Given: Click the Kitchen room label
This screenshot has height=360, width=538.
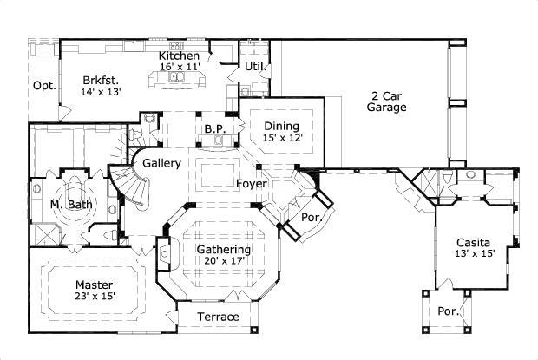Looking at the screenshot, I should click(179, 56).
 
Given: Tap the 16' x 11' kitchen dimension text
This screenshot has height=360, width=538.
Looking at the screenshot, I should click(180, 67).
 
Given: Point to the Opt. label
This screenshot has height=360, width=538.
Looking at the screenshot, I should click(43, 85).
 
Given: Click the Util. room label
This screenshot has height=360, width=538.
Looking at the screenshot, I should click(254, 65).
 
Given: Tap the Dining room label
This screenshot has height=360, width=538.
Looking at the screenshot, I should click(281, 126).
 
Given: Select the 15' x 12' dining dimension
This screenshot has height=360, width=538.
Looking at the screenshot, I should click(282, 137).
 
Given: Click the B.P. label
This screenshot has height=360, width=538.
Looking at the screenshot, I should click(215, 129).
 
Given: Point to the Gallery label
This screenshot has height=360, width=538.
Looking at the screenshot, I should click(161, 163).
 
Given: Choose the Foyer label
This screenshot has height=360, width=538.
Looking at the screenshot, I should click(251, 183).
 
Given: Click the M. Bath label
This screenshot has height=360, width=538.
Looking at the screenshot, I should click(67, 204).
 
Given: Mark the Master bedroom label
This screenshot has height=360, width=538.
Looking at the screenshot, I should click(94, 285).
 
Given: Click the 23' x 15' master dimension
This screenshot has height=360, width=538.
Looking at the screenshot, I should click(94, 296).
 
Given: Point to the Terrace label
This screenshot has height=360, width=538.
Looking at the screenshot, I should click(218, 317).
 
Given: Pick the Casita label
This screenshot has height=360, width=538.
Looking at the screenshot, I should click(473, 242).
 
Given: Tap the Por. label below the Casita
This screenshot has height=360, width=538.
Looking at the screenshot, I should click(448, 311).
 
